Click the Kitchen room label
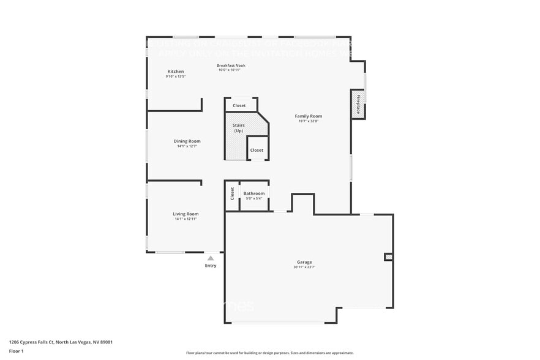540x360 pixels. click(x=175, y=72)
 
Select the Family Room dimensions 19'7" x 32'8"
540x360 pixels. click(x=308, y=121)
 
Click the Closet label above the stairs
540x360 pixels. click(x=239, y=105)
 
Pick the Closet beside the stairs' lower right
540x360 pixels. click(x=257, y=150)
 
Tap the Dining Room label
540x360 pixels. click(x=187, y=141)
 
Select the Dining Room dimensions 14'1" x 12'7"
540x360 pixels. click(x=187, y=146)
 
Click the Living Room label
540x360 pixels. click(x=186, y=214)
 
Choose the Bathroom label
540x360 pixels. click(x=254, y=193)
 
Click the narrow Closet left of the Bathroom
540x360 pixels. click(x=232, y=194)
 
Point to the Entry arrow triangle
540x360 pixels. click(x=211, y=258)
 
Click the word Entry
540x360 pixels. click(x=211, y=266)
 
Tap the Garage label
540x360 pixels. click(x=304, y=262)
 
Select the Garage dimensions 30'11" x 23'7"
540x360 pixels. click(x=304, y=267)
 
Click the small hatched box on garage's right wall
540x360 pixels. click(x=388, y=257)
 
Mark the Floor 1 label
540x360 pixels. click(x=17, y=351)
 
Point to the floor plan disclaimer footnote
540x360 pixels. click(x=269, y=353)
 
